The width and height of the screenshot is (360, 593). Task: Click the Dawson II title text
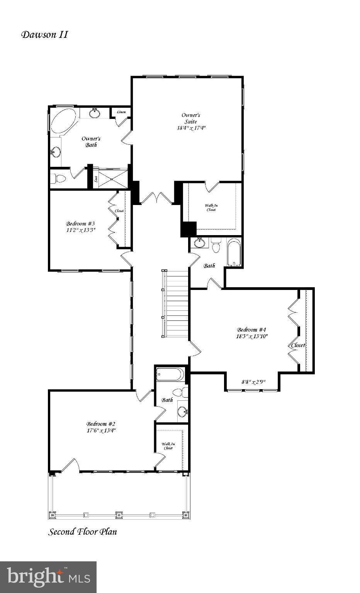tap(44, 35)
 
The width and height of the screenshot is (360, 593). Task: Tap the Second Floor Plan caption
tap(82, 532)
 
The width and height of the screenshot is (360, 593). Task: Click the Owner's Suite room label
tap(191, 118)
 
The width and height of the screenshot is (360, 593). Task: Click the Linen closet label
tap(121, 112)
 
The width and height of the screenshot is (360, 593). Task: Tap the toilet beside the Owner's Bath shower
tap(59, 179)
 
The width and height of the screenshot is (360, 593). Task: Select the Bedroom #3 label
tap(80, 224)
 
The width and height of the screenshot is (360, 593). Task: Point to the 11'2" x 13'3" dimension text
tap(80, 230)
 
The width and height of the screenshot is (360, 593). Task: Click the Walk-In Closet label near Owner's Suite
tap(211, 208)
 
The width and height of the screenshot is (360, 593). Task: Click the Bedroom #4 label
tap(252, 330)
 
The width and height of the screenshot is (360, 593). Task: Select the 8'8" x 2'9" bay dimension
tap(253, 382)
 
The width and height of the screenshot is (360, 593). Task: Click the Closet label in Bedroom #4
tap(298, 345)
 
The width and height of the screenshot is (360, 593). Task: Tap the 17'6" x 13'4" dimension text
tap(101, 430)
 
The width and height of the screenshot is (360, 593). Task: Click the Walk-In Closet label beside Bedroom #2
tap(168, 446)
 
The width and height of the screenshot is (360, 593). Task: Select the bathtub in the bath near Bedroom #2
tap(170, 374)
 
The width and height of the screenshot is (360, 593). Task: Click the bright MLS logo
tap(48, 577)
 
